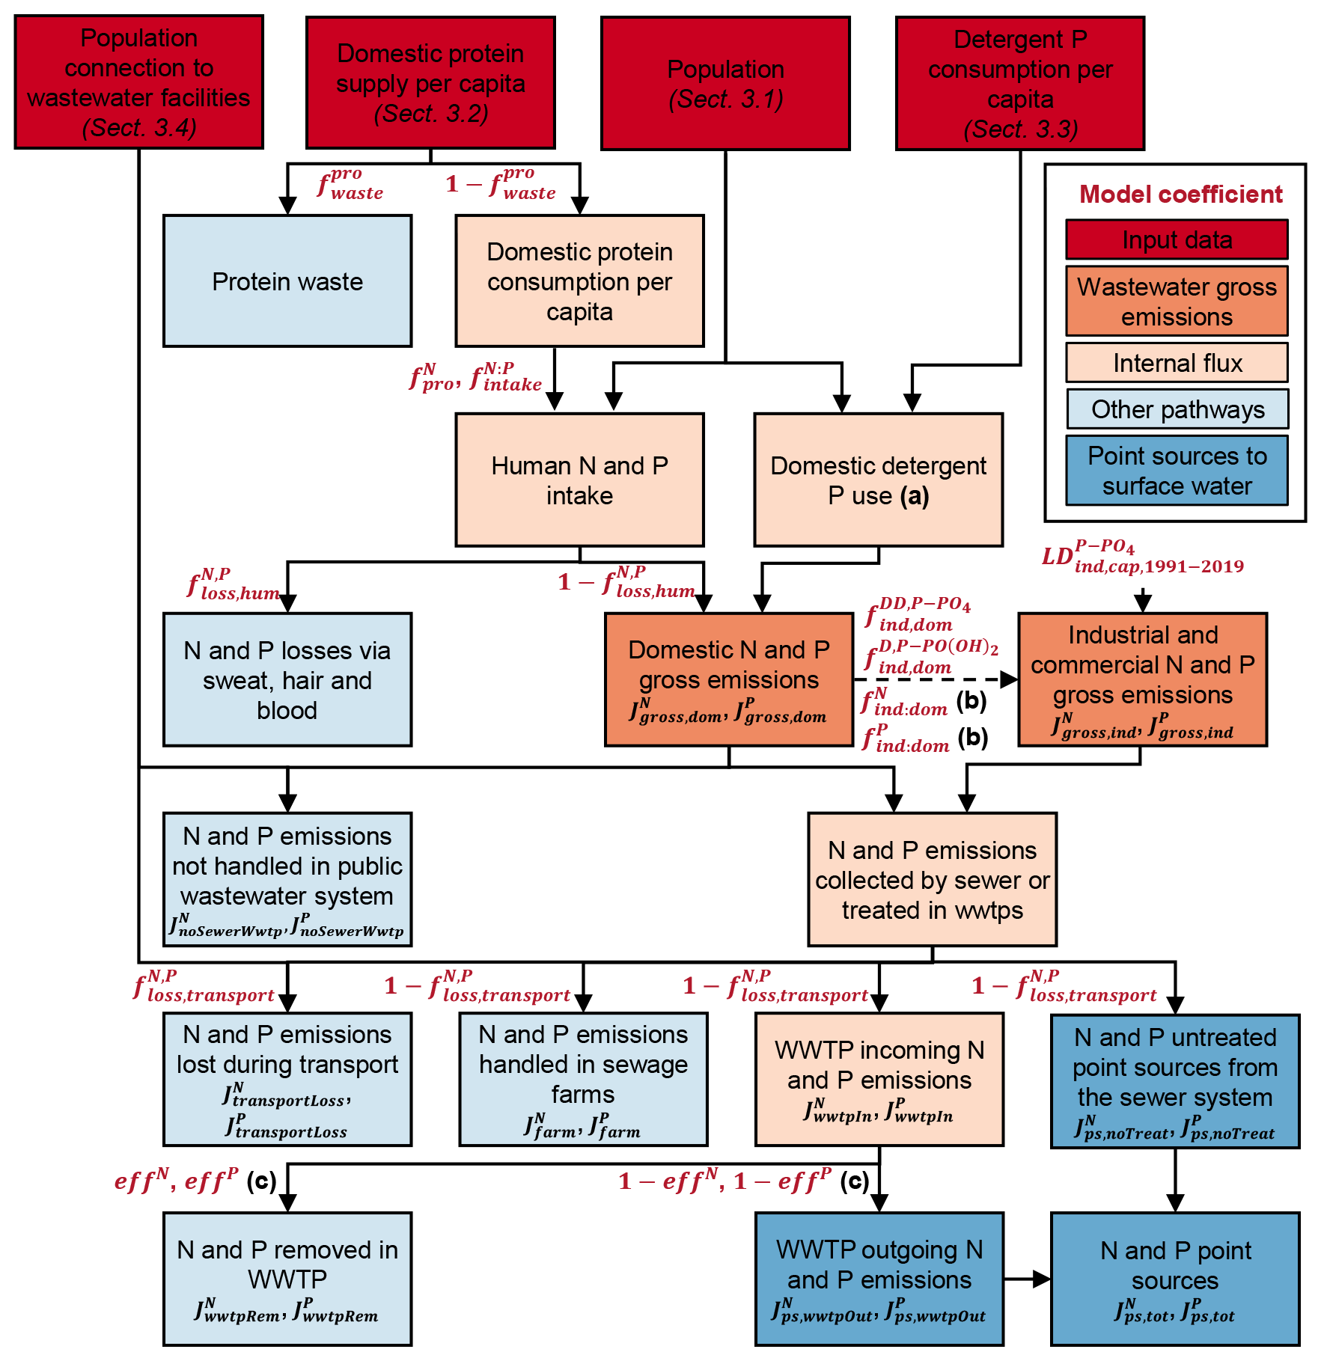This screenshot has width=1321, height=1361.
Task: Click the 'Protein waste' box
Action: [287, 281]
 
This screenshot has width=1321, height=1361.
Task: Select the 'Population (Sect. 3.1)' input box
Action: [725, 83]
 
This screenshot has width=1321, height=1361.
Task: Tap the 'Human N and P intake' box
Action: [579, 480]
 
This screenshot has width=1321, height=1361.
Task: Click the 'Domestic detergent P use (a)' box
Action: [878, 480]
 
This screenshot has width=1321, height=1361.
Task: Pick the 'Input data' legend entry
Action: [1177, 239]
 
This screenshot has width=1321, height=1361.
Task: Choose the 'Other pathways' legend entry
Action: [1177, 409]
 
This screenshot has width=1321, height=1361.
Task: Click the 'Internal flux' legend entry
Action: [1177, 363]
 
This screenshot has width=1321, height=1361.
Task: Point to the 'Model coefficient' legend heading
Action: [1180, 195]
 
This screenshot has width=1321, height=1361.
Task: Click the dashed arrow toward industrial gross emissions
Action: [936, 679]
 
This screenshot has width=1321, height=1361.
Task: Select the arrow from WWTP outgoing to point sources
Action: [1027, 1279]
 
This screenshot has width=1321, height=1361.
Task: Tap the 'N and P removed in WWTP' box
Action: [287, 1279]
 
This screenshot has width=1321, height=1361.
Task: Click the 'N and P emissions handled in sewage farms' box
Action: [583, 1079]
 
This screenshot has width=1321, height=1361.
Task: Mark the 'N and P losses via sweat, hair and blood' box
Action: [287, 679]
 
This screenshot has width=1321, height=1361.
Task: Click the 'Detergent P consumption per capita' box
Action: [1020, 83]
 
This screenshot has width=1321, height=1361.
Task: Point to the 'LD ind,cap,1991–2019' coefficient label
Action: [1142, 557]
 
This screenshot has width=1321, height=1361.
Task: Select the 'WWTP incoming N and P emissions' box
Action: [879, 1079]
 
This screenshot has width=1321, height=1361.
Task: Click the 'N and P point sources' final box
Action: [1175, 1279]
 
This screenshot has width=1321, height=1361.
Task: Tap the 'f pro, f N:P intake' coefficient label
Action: [475, 378]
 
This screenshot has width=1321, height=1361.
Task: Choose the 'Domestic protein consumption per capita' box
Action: [579, 281]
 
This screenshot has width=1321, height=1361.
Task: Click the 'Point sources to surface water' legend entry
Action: [1177, 471]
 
